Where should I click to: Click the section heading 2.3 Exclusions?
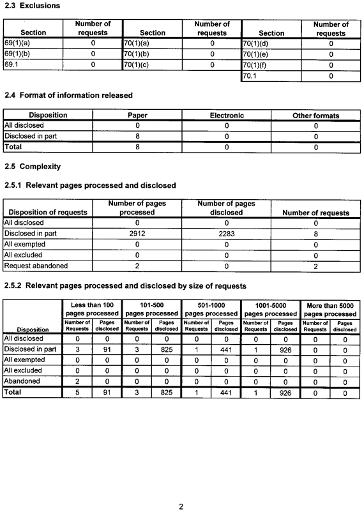[x=33, y=6]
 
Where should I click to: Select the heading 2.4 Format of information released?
[x=68, y=96]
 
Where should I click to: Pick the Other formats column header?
[x=315, y=116]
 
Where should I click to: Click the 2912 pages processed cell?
[x=137, y=234]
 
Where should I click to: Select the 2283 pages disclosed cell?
[x=226, y=234]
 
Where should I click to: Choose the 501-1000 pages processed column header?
[x=211, y=309]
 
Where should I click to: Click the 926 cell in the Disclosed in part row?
[x=285, y=349]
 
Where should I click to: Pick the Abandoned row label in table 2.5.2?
[x=22, y=382]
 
